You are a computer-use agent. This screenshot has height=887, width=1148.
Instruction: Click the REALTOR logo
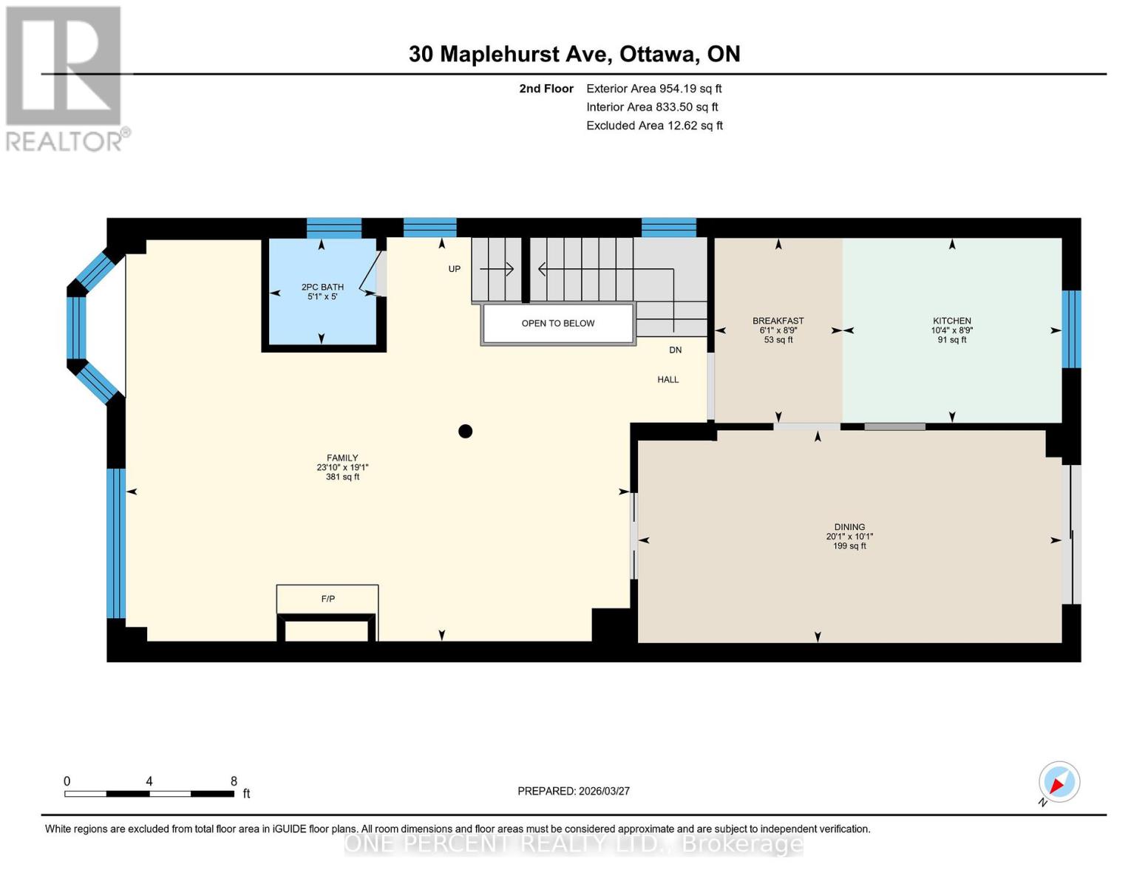(x=65, y=78)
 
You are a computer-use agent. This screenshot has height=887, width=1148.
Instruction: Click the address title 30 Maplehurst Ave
(x=574, y=54)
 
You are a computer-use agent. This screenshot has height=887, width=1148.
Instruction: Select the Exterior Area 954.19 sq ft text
(x=653, y=89)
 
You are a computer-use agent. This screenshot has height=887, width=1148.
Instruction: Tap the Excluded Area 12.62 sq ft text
(x=654, y=126)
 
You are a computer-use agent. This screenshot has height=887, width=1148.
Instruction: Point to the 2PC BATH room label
(x=322, y=288)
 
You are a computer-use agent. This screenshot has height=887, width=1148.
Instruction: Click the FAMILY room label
(x=342, y=458)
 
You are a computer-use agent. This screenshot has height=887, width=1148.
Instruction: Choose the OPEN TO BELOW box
(x=558, y=324)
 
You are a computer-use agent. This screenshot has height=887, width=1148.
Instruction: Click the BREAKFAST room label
(x=778, y=321)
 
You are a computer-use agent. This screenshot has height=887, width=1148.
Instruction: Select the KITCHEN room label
(x=951, y=321)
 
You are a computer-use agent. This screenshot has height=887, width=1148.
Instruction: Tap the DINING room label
(x=849, y=527)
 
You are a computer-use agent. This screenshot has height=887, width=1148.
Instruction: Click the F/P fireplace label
(x=327, y=599)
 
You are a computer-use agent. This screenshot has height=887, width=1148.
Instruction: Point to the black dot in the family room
(x=465, y=431)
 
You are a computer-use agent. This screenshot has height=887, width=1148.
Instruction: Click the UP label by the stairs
(x=455, y=269)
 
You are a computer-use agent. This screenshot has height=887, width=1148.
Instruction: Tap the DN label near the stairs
(x=675, y=350)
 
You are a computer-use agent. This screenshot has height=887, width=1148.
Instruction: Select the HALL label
(x=668, y=380)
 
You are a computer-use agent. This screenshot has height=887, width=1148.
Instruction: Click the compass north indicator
(x=1059, y=782)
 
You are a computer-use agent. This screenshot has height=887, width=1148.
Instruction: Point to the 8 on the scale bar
(x=234, y=781)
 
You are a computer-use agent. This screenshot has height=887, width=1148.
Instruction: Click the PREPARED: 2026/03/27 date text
(x=574, y=791)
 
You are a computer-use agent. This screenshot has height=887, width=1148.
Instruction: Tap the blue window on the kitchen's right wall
(x=1071, y=330)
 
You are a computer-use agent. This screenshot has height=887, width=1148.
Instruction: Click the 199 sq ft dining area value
(x=849, y=546)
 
